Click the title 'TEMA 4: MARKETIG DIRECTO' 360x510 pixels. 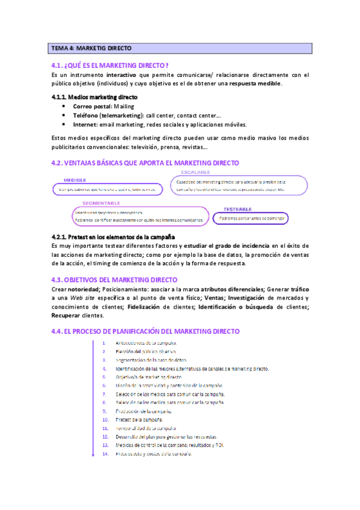point(91,48)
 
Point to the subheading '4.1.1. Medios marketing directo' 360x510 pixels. point(94,97)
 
